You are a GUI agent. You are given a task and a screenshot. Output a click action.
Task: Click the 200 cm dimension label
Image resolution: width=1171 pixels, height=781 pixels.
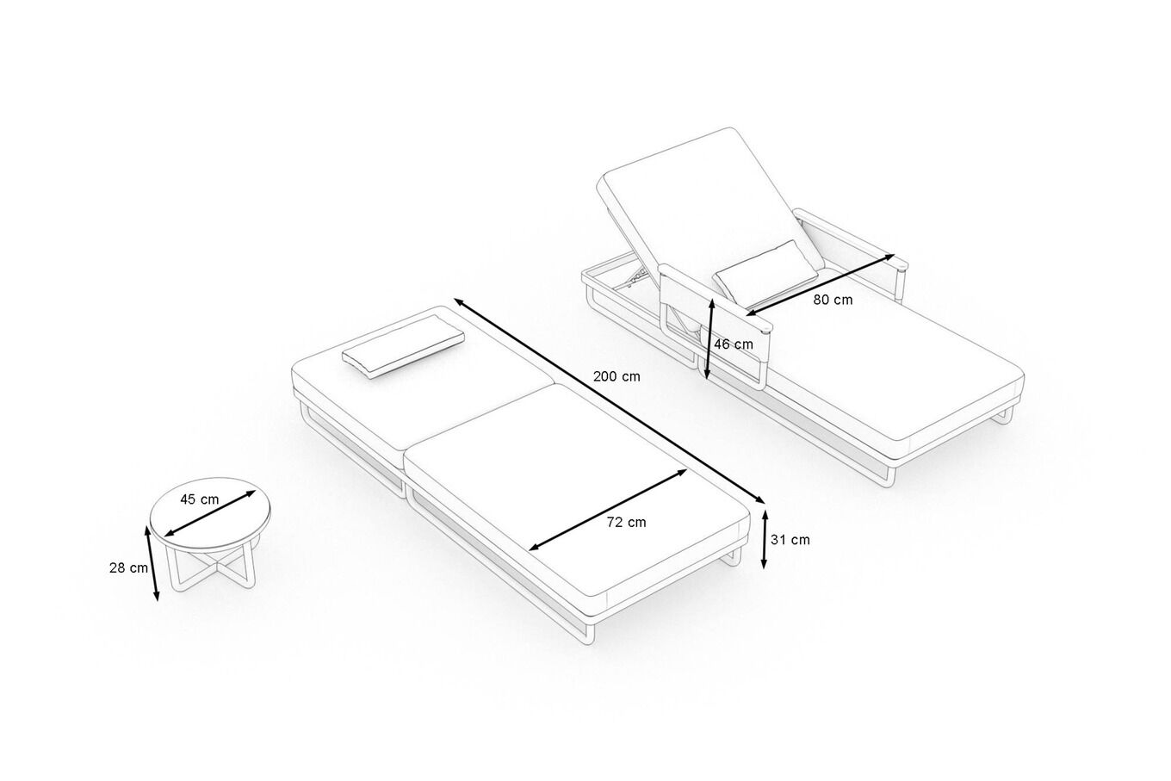point(616,376)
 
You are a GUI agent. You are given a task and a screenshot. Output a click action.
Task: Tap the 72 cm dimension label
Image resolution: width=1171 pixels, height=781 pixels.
point(626,522)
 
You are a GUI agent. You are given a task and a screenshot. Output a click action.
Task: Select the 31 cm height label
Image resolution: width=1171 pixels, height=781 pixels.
point(790,540)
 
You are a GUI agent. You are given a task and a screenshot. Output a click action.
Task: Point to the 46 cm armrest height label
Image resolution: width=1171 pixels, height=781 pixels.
point(734,344)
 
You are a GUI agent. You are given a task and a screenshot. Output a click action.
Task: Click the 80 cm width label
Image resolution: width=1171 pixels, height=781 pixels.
point(833,300)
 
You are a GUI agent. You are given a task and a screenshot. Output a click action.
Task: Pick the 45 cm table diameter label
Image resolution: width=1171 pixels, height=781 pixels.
point(199,499)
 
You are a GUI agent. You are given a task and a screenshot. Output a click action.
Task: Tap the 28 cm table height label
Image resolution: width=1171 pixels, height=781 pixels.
point(128,567)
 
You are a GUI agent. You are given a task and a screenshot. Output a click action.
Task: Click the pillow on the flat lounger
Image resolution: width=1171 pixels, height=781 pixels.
point(403,346)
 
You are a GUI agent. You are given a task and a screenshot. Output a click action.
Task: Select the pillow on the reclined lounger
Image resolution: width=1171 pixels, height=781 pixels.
point(766,274)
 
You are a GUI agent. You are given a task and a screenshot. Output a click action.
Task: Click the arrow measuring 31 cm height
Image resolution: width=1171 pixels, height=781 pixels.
point(764,539)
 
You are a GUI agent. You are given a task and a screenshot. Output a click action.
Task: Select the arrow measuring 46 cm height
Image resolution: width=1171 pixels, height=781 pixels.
point(709,338)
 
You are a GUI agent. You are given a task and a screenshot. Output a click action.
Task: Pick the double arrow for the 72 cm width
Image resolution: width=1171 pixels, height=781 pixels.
point(608,510)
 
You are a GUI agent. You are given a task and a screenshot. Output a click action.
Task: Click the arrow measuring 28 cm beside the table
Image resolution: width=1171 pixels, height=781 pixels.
point(152,562)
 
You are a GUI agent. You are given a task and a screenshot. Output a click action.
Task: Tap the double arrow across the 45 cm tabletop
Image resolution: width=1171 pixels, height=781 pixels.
point(210,513)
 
